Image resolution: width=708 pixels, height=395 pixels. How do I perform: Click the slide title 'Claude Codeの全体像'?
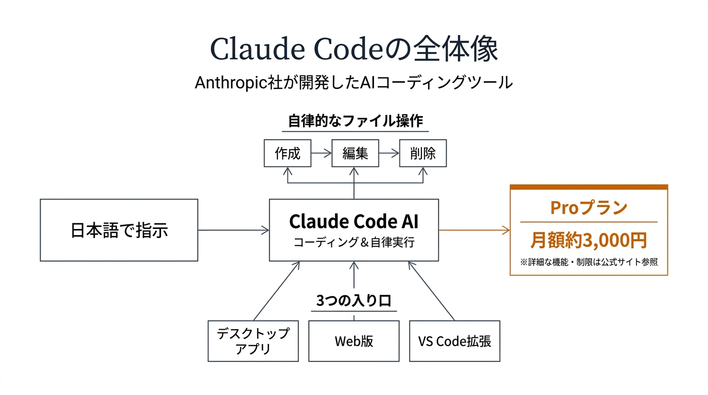[354, 50]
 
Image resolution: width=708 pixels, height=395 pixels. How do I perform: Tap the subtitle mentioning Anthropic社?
[354, 82]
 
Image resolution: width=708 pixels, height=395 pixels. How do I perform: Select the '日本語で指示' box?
[119, 230]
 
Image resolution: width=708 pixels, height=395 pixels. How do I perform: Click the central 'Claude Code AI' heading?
[354, 221]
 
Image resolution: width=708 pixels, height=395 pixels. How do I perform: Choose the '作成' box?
[287, 153]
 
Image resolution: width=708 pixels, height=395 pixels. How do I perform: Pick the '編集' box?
[355, 153]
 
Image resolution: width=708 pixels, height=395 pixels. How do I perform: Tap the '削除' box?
[423, 153]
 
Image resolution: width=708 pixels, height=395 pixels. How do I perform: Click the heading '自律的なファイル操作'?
[355, 121]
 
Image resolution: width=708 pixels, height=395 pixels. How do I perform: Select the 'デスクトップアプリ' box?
[253, 341]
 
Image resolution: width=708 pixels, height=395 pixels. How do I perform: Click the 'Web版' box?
[354, 341]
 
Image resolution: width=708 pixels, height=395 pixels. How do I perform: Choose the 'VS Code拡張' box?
[454, 341]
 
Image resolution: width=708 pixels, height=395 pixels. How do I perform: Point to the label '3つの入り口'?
[353, 301]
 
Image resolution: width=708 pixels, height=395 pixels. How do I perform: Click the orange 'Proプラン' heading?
[589, 207]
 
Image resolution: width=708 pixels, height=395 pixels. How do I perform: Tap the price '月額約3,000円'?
[589, 240]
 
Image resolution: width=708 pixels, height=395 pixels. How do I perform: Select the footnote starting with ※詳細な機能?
[589, 262]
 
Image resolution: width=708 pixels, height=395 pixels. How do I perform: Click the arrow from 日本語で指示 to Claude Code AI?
[234, 230]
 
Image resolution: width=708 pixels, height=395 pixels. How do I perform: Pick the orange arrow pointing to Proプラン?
[474, 230]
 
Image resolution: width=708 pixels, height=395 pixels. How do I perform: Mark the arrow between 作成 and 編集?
[321, 153]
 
